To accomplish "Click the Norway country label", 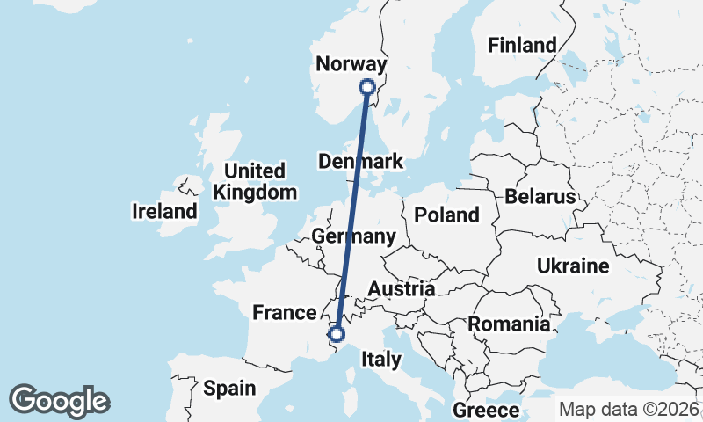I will click(351, 64).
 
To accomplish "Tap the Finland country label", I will click(523, 45).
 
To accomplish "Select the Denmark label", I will click(360, 162).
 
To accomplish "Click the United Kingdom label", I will click(255, 181).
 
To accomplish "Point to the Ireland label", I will click(164, 211).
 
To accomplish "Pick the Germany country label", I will click(353, 236).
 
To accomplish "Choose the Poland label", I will click(447, 215).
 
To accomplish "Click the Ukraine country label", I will click(573, 266).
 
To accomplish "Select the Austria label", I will click(401, 289).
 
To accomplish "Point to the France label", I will click(284, 312).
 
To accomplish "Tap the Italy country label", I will click(381, 359).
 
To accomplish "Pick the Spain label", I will click(229, 388).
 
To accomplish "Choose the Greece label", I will click(486, 410).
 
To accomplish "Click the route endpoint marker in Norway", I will click(367, 86).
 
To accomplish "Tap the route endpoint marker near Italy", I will click(335, 332).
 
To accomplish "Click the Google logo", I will click(59, 401).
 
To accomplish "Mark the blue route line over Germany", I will click(349, 220).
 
